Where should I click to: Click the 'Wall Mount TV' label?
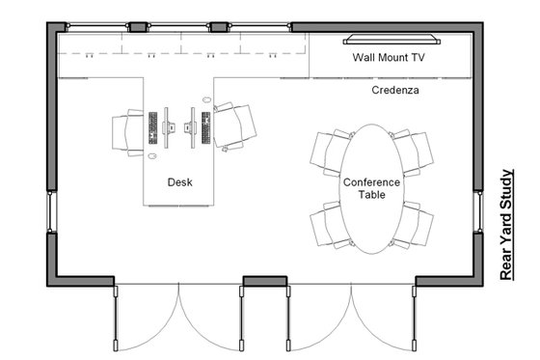(389, 58)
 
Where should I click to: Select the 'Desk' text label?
(180, 180)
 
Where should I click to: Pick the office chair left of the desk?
(126, 130)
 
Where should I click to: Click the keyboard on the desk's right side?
(205, 126)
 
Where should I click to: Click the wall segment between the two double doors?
(264, 282)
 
